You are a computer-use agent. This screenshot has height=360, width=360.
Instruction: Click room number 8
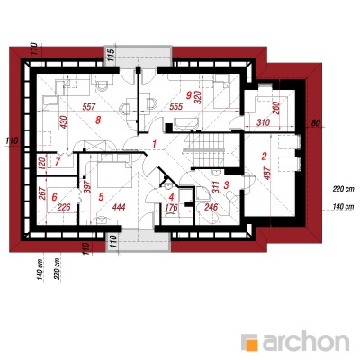(x=97, y=121)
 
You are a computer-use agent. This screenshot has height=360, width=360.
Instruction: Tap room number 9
(x=189, y=95)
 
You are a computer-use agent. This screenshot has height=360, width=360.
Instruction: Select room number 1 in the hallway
(x=155, y=144)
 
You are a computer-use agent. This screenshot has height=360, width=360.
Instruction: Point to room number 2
(x=264, y=156)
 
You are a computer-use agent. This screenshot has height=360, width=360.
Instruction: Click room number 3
(x=227, y=184)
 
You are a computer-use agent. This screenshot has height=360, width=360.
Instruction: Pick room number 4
(x=171, y=197)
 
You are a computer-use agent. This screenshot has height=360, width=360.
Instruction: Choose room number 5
(x=101, y=197)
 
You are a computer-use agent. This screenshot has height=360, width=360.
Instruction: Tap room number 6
(x=54, y=197)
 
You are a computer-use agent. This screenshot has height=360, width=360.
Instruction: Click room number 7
(x=58, y=162)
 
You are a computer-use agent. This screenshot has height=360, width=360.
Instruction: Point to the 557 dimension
(x=89, y=107)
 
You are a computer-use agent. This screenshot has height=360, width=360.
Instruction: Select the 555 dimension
(x=175, y=106)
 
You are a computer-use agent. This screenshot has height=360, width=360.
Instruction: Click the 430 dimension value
(x=64, y=122)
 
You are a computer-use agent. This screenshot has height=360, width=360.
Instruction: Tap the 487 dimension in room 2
(x=267, y=173)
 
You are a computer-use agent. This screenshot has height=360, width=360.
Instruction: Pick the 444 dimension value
(x=119, y=207)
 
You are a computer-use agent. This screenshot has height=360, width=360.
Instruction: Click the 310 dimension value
(x=263, y=122)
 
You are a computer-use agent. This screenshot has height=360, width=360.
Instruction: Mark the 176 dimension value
(x=172, y=207)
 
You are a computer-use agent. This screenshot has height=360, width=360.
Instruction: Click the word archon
(x=306, y=341)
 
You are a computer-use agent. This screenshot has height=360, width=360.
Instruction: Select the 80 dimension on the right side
(x=314, y=122)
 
